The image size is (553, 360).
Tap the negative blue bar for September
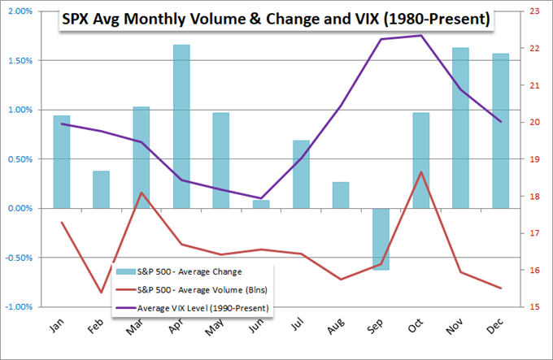(381, 239)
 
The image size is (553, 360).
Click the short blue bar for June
(261, 204)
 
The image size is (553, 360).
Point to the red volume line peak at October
(420, 171)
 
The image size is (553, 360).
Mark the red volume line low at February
(102, 293)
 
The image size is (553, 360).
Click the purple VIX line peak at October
(420, 35)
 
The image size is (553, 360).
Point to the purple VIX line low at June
(261, 198)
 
